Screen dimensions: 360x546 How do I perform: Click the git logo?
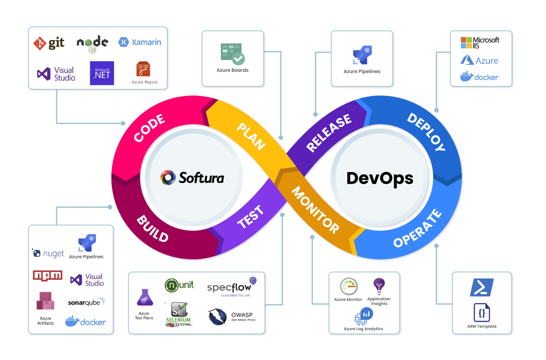pos(49,43)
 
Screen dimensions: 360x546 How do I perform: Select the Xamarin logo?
pos(140,42)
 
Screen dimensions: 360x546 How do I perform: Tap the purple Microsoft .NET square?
pos(102,73)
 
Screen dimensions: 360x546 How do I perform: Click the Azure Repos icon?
pos(143,69)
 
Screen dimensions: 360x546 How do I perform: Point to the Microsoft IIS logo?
pos(480,43)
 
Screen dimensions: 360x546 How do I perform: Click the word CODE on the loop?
pos(149,128)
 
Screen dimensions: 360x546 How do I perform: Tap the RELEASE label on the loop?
pos(329,133)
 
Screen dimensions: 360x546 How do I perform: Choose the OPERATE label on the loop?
pos(417,228)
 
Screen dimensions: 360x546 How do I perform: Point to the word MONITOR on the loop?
pos(315,210)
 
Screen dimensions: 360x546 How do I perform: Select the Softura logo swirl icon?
pos(168,178)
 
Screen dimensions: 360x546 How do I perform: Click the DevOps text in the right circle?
pos(380,178)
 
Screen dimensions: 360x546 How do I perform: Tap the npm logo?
pos(47,276)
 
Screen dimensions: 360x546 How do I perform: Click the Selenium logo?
pos(179,314)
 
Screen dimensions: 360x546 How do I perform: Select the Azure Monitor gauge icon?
pos(349,286)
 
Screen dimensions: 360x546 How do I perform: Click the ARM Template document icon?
pos(482,313)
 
